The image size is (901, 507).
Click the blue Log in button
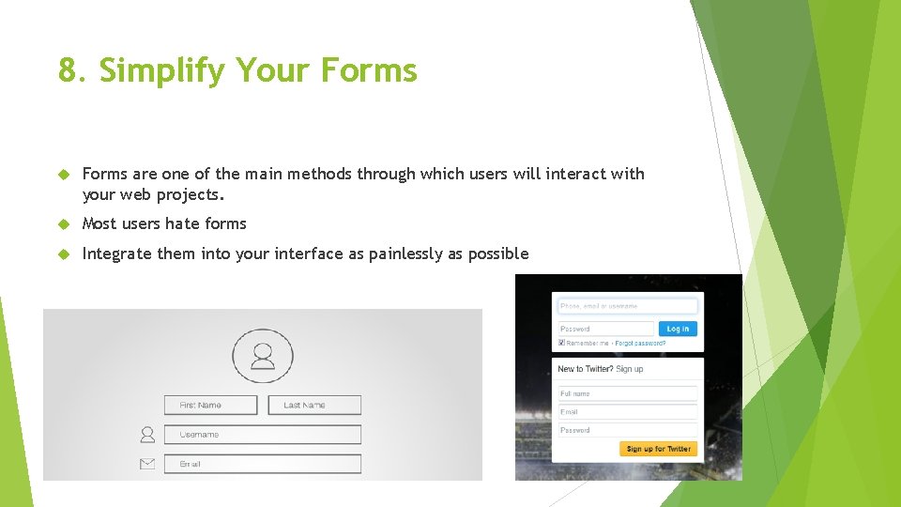click(678, 329)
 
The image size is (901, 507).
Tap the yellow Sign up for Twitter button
click(658, 449)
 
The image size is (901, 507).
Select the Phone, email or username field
click(627, 306)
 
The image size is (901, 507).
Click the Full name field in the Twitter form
click(627, 393)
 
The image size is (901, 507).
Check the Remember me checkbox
click(561, 344)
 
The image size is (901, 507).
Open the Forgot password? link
click(640, 344)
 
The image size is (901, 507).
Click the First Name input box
click(210, 405)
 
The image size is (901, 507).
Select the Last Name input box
click(314, 405)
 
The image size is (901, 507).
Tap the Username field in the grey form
click(263, 435)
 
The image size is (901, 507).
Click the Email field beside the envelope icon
click(263, 464)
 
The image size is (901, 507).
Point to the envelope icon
click(147, 464)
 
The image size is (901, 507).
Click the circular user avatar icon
click(263, 356)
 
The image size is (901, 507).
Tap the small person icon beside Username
click(147, 435)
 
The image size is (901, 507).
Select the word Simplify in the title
click(162, 71)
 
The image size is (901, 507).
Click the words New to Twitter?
click(585, 369)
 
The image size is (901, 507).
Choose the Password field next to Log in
click(605, 329)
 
